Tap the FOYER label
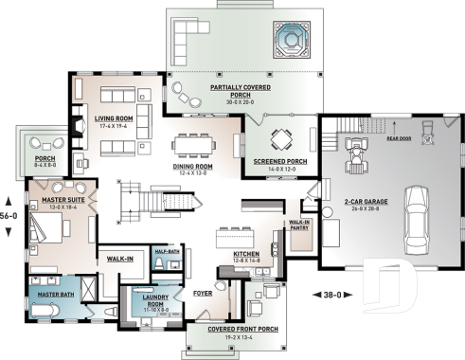click(203, 293)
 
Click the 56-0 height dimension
click(9, 215)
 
